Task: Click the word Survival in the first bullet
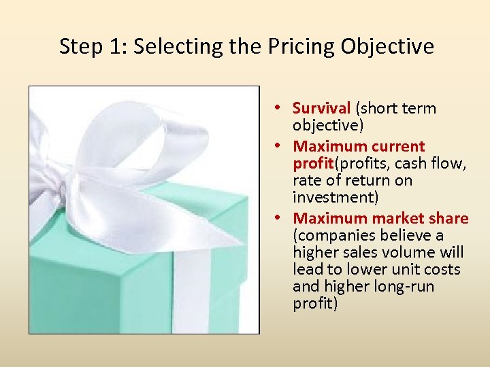pyautogui.click(x=321, y=108)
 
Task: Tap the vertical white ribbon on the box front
pyautogui.click(x=192, y=292)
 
